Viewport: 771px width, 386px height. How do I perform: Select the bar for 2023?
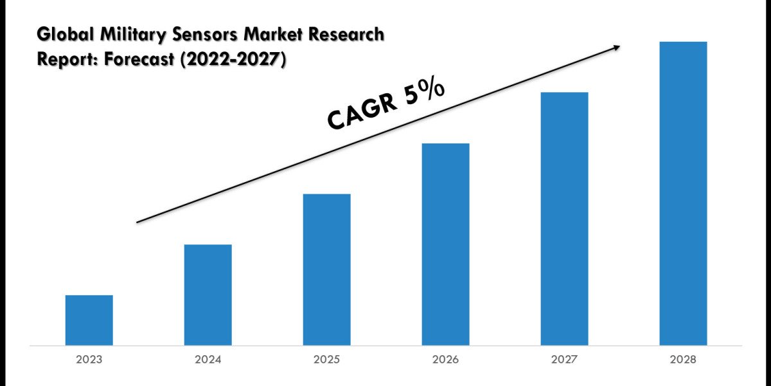89,320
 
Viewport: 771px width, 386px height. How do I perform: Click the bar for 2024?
208,295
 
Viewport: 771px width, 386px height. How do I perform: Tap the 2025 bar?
327,269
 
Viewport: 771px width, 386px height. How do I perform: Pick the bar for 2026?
446,244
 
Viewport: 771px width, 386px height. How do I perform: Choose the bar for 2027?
565,218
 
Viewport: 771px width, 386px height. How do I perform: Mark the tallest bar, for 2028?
684,193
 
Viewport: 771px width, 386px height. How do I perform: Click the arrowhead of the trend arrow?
616,46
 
